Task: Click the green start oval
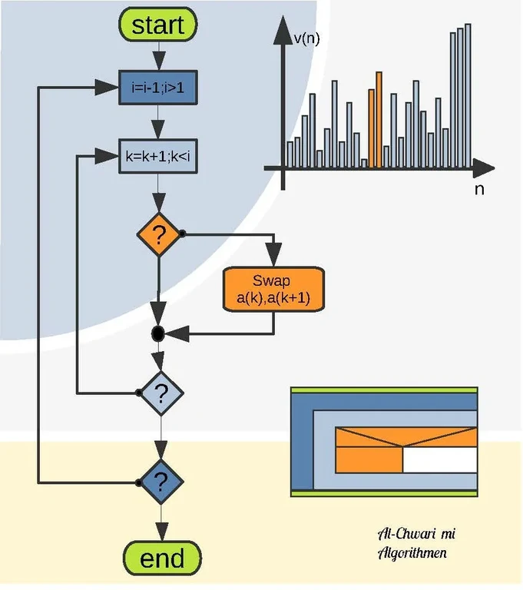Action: [157, 25]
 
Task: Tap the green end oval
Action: [162, 559]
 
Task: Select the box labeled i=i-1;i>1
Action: [157, 88]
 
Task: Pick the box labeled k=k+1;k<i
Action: [157, 157]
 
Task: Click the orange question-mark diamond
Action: [158, 234]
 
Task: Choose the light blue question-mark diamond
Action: [161, 393]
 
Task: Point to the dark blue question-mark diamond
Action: [161, 482]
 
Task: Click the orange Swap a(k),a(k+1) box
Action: [275, 289]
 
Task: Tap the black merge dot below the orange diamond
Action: [158, 333]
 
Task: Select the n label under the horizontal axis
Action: [479, 189]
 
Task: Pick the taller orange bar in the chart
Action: [379, 119]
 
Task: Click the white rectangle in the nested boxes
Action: [439, 460]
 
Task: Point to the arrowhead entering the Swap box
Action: [274, 258]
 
